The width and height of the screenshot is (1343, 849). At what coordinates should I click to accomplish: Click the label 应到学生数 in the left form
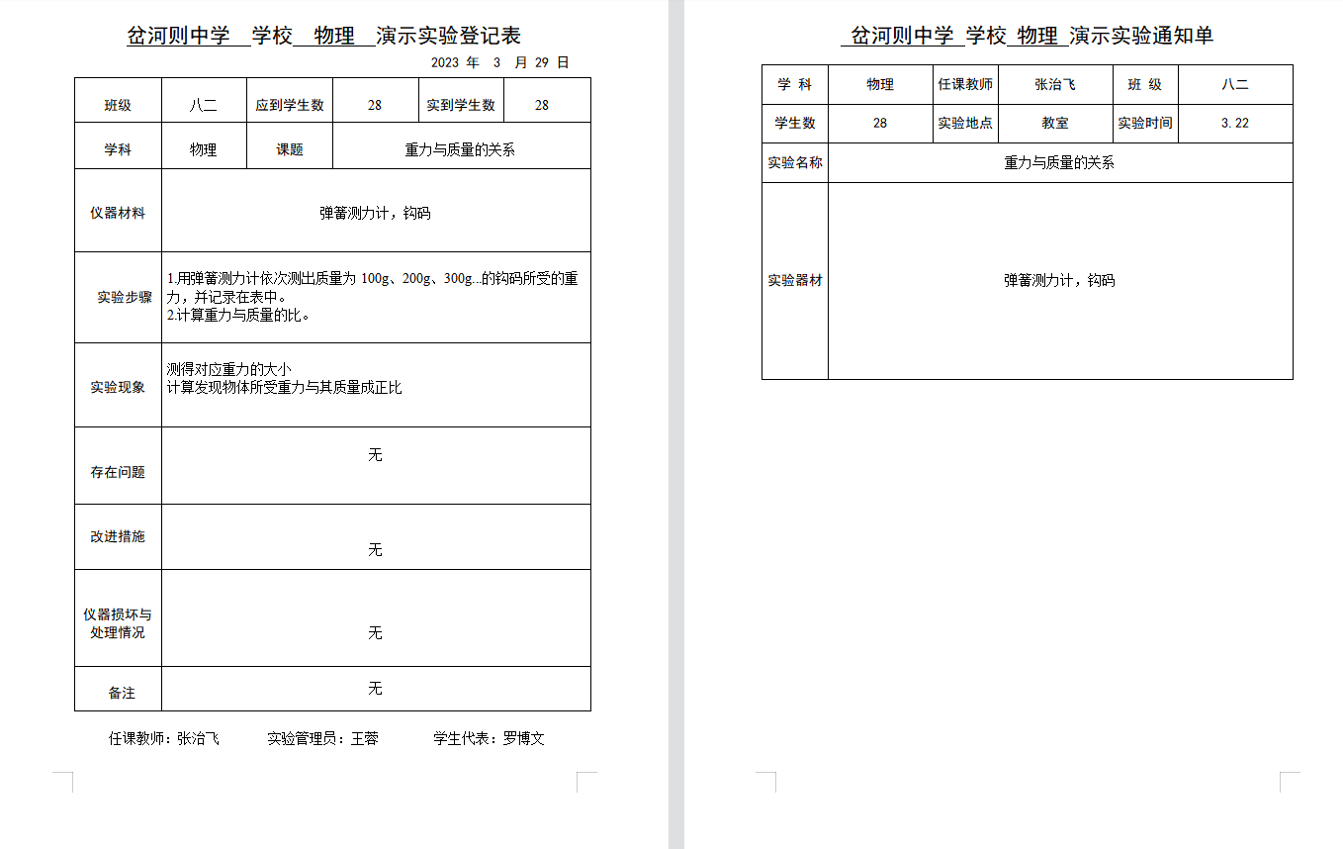tap(290, 105)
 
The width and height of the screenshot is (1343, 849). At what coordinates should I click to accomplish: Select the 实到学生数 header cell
tap(461, 105)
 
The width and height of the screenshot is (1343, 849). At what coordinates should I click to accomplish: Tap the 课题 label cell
tap(290, 150)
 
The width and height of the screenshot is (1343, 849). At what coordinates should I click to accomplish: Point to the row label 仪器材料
tap(118, 213)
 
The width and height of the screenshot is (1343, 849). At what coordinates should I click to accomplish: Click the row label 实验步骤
tap(125, 297)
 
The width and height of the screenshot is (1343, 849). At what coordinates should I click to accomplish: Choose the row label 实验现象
tap(118, 387)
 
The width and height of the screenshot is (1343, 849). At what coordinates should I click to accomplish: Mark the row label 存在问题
tap(118, 472)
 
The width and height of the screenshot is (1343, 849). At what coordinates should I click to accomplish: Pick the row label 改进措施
tap(118, 536)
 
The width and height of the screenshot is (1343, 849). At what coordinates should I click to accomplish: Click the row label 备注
tap(122, 693)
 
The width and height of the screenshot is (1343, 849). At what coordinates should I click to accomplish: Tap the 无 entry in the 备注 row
tap(375, 688)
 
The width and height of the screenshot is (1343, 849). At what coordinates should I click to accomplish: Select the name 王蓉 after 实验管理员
tap(365, 738)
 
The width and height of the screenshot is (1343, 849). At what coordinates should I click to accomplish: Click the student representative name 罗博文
tap(524, 738)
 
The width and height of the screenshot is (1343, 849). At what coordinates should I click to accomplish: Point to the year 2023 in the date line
tap(445, 62)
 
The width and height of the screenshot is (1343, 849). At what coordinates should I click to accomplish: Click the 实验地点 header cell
tap(965, 124)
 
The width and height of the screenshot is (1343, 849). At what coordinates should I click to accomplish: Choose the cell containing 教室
tap(1055, 124)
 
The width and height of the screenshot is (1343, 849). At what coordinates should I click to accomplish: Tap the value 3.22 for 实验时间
tap(1235, 124)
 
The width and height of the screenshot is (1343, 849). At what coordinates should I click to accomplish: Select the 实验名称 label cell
tap(795, 162)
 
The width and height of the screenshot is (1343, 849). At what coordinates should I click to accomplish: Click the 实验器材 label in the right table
tap(795, 280)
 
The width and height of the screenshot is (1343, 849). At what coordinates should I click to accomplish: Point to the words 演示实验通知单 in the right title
tap(1141, 37)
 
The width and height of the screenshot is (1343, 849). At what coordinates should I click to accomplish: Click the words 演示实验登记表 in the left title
tap(449, 37)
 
